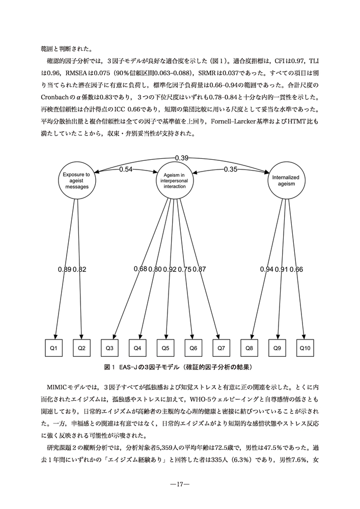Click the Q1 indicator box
(x=54, y=348)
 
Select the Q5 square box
(x=165, y=348)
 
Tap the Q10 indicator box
(x=305, y=348)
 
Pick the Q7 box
(x=221, y=348)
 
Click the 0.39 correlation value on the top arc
(x=182, y=158)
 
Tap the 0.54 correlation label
(x=126, y=169)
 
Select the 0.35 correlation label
(x=231, y=169)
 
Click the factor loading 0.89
(x=65, y=269)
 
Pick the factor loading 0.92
(x=170, y=269)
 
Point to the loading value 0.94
(x=267, y=269)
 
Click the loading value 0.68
(x=141, y=269)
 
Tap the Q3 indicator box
(x=109, y=348)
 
